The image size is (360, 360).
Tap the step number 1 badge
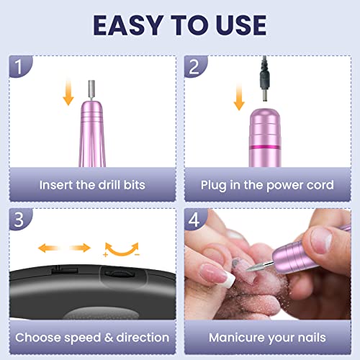pos(20,66)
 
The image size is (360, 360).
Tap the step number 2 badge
pos(195,66)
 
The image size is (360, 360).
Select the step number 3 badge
pos(20,219)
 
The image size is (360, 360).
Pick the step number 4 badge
pos(195,219)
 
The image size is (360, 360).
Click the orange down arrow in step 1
pos(68,92)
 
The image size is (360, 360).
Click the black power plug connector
pos(265,79)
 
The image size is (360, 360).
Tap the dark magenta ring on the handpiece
pos(265,147)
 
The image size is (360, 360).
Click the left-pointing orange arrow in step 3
pos(48,248)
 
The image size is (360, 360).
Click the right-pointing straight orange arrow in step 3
pos(81,248)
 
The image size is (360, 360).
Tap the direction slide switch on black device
pos(65,270)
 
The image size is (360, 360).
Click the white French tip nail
pos(228,279)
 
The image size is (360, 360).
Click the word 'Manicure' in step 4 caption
pos(237,338)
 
